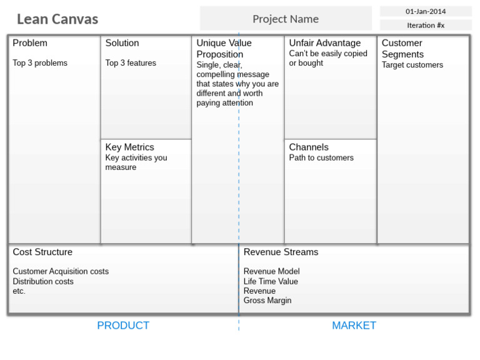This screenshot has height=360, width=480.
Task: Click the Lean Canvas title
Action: [x=57, y=19]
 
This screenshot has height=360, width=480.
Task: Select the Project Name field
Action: [x=286, y=19]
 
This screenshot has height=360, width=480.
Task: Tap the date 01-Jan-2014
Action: [x=426, y=11]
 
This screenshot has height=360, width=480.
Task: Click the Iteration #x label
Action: [x=426, y=26]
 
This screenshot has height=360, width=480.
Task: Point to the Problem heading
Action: [x=30, y=43]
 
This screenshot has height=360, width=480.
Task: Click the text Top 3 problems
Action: [x=40, y=63]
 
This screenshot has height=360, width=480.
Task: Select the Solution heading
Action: [x=122, y=43]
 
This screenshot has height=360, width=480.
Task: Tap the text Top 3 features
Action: [x=131, y=63]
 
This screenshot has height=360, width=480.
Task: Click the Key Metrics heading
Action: [x=129, y=147]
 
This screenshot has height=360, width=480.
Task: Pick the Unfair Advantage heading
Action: [x=324, y=43]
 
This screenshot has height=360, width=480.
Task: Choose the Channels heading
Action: [x=309, y=147]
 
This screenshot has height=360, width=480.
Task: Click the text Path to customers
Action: [x=321, y=158]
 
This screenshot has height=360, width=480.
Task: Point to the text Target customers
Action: [x=412, y=65]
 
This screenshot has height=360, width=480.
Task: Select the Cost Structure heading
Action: [x=42, y=252]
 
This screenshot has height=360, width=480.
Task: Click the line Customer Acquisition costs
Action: [x=61, y=272]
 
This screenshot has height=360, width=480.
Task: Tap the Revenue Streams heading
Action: [x=281, y=252]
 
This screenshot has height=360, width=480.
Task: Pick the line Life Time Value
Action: [x=271, y=282]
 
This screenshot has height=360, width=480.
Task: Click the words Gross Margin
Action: [x=267, y=301]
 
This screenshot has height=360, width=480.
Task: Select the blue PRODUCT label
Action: [x=123, y=326]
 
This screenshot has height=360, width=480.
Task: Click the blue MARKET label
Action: [x=354, y=326]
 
